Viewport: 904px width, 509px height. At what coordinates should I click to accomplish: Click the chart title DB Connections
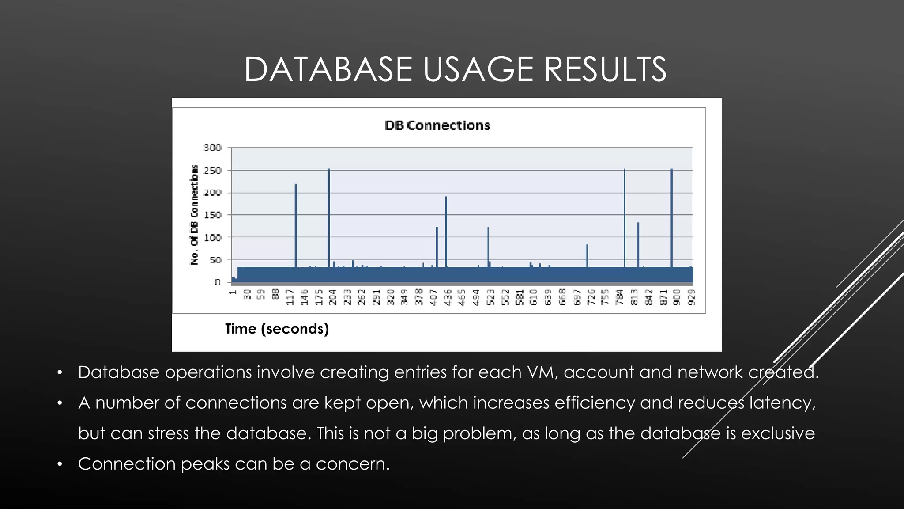(437, 125)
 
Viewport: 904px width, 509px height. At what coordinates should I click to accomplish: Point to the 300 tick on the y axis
(212, 148)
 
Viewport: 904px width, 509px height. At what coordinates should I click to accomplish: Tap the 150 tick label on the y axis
(212, 215)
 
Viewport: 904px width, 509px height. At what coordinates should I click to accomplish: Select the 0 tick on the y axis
(217, 282)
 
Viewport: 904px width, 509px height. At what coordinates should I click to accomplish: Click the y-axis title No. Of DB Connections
(194, 215)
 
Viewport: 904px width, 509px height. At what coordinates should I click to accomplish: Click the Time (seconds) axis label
(277, 329)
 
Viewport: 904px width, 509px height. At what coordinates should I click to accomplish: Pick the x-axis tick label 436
(448, 297)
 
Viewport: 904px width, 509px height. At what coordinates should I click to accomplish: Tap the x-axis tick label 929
(691, 297)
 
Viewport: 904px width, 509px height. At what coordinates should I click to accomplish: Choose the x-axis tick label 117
(290, 297)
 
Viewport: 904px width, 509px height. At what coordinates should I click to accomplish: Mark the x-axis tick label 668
(562, 297)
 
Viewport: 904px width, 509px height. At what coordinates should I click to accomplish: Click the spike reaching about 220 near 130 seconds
(296, 221)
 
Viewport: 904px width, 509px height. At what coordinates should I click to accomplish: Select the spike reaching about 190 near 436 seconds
(446, 230)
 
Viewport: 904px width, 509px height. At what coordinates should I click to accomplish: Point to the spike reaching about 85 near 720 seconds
(587, 256)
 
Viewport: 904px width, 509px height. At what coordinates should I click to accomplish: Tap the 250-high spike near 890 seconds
(671, 212)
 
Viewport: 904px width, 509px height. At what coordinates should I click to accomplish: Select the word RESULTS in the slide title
(605, 69)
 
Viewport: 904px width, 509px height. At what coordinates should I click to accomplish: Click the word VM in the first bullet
(540, 372)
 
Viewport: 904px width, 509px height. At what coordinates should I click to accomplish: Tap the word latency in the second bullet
(782, 403)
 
